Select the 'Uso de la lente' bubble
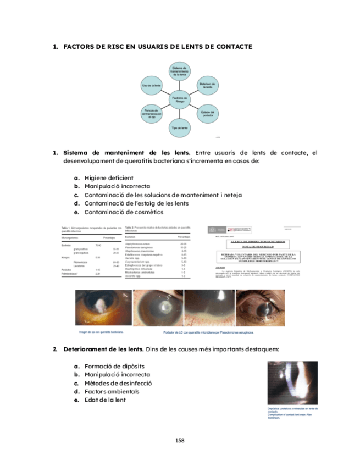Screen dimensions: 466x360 (x=151, y=86)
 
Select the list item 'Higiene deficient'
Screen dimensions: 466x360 (x=109, y=178)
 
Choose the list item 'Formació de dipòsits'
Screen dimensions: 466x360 (x=115, y=366)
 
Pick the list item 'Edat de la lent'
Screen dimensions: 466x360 (x=105, y=400)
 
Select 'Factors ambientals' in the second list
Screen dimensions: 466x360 (x=112, y=391)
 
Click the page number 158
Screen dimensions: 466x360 (x=180, y=441)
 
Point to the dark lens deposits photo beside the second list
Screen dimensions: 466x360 (x=292, y=383)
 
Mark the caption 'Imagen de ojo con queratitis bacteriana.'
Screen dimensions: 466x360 (x=100, y=332)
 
